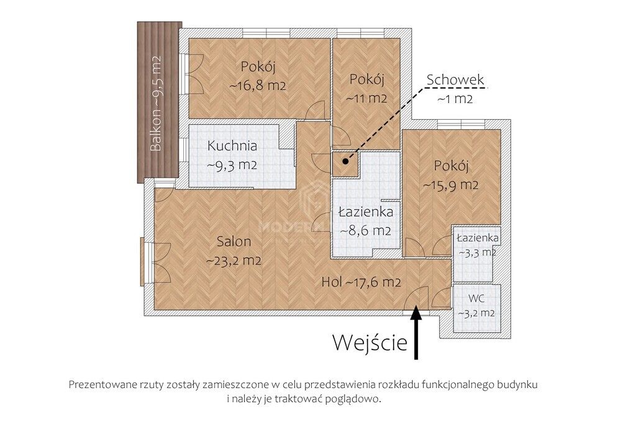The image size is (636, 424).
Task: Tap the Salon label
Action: tap(234, 241)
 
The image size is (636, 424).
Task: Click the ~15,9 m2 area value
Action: tap(450, 185)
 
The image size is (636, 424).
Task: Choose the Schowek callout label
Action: tap(455, 80)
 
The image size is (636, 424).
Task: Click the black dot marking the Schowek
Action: tap(345, 161)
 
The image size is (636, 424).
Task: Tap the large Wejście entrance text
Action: tap(370, 342)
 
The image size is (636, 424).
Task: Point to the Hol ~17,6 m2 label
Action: tap(360, 282)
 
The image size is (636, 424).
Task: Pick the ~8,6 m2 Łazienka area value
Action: tap(365, 230)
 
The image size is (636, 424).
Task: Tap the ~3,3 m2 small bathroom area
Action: tap(476, 252)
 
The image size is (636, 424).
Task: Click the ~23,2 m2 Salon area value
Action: tap(233, 260)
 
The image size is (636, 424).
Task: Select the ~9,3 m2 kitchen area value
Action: tap(232, 166)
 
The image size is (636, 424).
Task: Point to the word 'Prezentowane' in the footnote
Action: tap(101, 384)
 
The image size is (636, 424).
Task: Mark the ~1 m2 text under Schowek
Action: tap(455, 98)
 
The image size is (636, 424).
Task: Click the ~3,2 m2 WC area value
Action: tap(476, 313)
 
